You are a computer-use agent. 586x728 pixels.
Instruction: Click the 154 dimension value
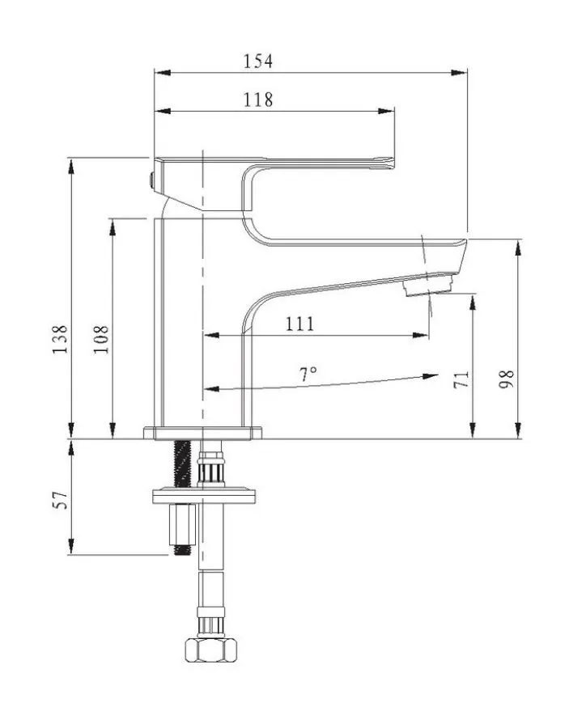coord(258,61)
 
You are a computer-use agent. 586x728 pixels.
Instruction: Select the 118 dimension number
coord(258,99)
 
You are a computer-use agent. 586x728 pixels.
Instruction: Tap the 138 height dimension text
coord(61,340)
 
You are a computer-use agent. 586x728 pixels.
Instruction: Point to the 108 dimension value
coord(101,340)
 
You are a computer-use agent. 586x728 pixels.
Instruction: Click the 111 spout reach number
coord(299,323)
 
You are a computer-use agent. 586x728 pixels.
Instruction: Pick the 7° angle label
coord(308,373)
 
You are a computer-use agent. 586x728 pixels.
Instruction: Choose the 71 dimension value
coord(461,379)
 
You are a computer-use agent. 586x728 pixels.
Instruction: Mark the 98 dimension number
coord(506,379)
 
